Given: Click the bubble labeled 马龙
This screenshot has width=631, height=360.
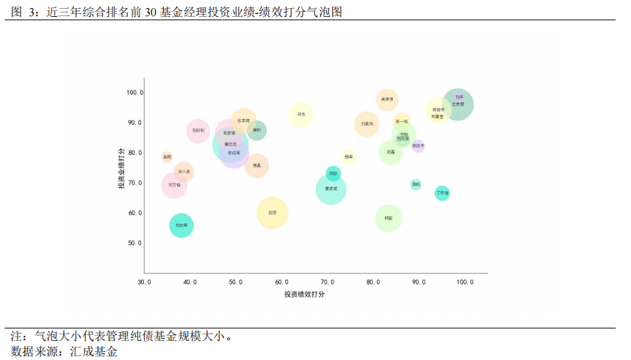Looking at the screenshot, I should (x=301, y=115).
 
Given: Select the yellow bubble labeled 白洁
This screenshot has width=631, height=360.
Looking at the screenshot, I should (x=273, y=213).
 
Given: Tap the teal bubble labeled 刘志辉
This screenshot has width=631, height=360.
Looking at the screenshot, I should (x=181, y=225).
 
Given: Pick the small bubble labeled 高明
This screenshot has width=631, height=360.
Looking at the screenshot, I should (x=167, y=156).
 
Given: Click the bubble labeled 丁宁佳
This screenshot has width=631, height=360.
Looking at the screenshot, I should (x=441, y=193).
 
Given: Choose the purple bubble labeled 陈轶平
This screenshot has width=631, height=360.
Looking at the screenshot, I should (x=418, y=145).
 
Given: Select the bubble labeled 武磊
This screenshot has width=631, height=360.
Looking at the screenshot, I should (x=391, y=152).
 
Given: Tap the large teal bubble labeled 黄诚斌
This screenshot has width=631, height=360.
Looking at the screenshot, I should (x=331, y=190).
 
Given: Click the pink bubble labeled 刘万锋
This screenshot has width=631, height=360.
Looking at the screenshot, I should (x=174, y=185).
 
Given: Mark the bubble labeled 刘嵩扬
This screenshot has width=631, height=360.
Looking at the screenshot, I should (x=367, y=124).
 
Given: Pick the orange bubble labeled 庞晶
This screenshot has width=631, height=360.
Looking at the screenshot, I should (x=256, y=166).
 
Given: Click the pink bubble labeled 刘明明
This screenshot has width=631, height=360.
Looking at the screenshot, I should (x=198, y=131).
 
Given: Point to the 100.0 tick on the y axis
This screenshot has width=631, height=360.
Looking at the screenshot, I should (x=134, y=93).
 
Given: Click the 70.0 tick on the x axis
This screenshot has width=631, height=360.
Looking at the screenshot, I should (x=328, y=282).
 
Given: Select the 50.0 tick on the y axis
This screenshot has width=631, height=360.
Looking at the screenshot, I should (x=134, y=243).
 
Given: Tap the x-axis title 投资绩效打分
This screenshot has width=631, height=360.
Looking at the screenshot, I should (x=305, y=294).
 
